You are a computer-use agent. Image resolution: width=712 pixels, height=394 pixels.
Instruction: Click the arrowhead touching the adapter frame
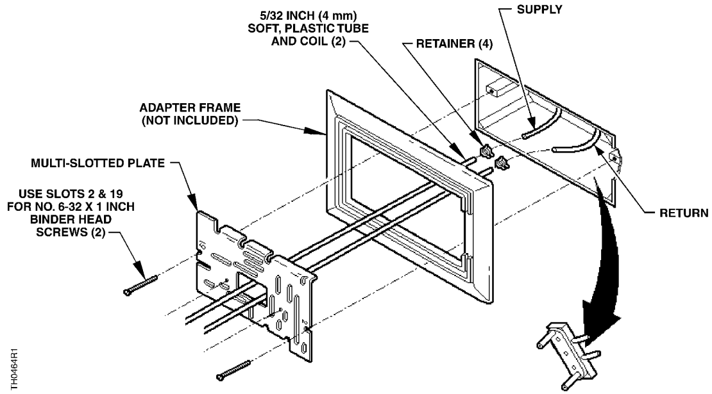coord(323,133)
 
